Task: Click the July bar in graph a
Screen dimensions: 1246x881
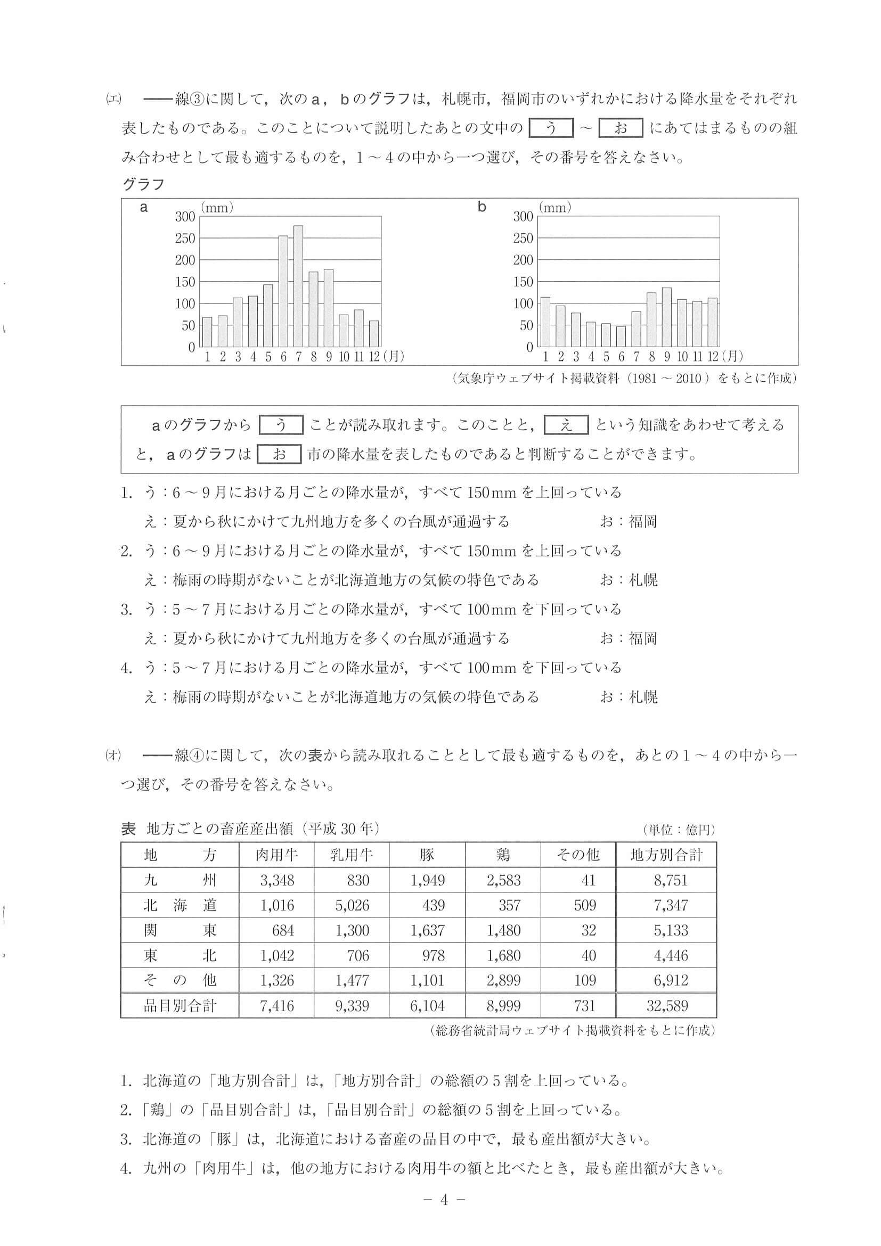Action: coord(298,286)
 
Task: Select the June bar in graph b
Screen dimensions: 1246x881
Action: coord(621,336)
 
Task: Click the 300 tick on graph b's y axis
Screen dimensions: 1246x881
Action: coord(523,217)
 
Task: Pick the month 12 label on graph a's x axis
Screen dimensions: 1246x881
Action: coord(374,357)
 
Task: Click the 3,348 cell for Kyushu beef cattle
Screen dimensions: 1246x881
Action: coord(277,880)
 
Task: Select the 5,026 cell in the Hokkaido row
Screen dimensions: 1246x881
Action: coord(352,905)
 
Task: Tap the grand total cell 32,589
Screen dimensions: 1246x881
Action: coord(667,1006)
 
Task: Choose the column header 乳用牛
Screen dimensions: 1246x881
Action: coord(352,855)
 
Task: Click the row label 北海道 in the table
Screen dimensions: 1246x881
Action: coord(180,905)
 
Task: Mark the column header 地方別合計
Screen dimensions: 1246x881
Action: coord(666,855)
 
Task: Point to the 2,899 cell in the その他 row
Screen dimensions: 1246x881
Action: coord(503,980)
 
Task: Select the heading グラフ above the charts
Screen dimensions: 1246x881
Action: coord(143,185)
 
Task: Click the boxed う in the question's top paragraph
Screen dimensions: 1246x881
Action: coord(551,129)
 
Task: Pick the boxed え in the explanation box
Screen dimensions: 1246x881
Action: coord(566,425)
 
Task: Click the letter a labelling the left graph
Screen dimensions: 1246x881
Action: coord(144,207)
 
